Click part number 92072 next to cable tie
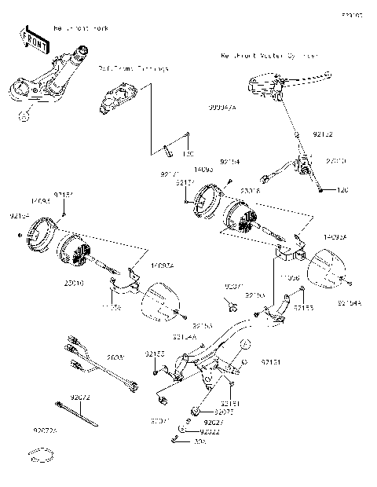point(82,400)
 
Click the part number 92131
point(271,362)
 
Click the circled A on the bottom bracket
point(244,343)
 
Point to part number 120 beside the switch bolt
point(364,190)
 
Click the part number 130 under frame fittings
point(188,154)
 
